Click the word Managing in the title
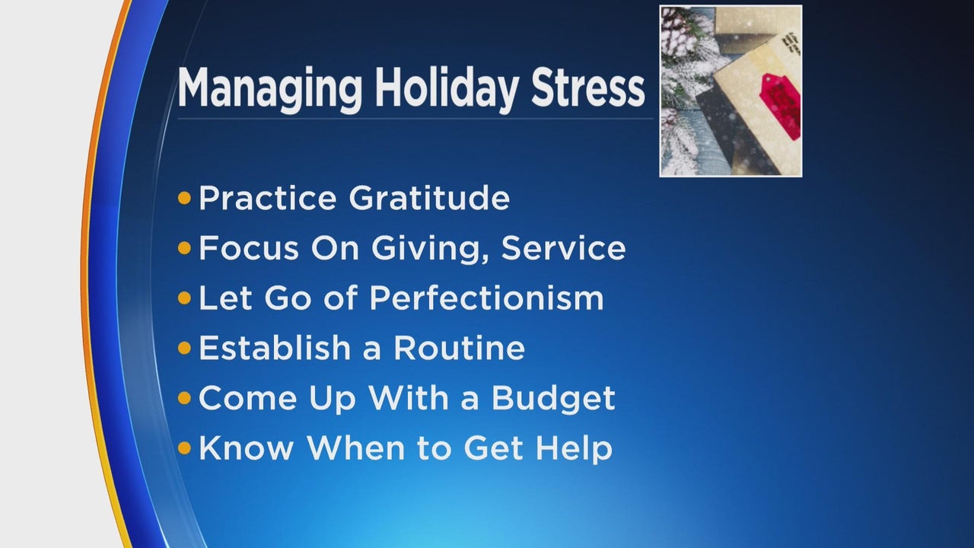tap(269, 89)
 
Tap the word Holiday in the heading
tap(447, 89)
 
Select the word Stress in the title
tap(588, 89)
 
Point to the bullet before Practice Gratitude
tap(184, 199)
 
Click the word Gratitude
tap(429, 199)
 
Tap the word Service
tap(564, 248)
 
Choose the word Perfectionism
tap(486, 298)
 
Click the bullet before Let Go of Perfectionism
tap(184, 298)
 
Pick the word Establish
tap(275, 348)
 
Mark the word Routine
tap(459, 348)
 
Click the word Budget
tap(553, 398)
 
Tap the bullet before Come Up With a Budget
tap(184, 398)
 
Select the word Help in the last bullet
tap(575, 448)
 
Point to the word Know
tap(247, 448)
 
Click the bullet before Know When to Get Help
tap(184, 448)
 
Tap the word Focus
tap(249, 248)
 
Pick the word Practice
tap(268, 199)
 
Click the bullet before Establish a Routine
tap(184, 348)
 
